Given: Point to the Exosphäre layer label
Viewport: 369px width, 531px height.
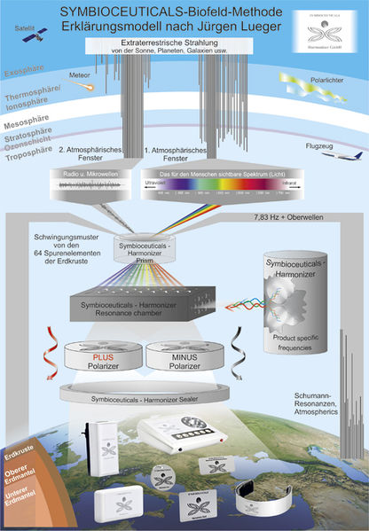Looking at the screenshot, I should pos(24,68).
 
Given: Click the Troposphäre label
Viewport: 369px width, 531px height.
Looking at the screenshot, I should pos(27,152).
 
